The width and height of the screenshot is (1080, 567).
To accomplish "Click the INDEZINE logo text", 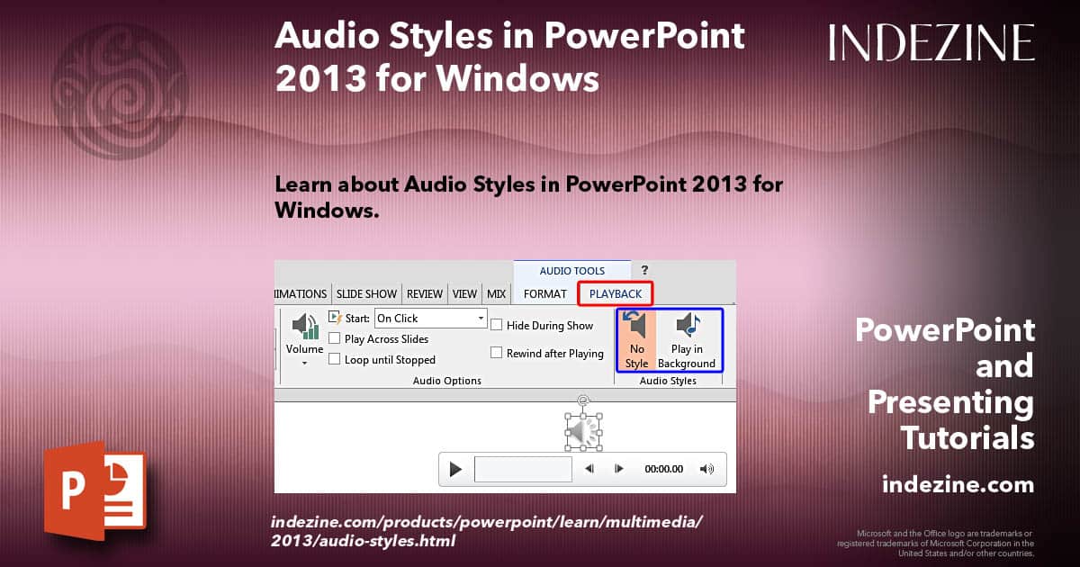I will (931, 42).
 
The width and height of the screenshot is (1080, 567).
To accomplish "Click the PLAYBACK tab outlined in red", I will (616, 293).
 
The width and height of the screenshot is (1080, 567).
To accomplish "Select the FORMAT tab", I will (545, 293).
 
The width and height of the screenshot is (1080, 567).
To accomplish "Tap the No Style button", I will (636, 339).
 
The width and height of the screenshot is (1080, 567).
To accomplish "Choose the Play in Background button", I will (687, 339).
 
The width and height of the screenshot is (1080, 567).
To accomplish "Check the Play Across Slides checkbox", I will (335, 339).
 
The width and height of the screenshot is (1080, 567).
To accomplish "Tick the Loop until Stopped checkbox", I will (335, 360).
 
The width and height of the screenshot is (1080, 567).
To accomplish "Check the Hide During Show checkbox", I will (497, 325).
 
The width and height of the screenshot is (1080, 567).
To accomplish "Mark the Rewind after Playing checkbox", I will (497, 353).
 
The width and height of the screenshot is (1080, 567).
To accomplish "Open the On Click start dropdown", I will (481, 319).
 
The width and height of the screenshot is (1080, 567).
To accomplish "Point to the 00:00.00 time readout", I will (664, 469).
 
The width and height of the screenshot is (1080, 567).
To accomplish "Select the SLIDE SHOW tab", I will (366, 293).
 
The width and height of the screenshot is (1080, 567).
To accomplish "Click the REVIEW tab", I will (425, 293).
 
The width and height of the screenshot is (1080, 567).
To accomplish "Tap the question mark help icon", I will (644, 270).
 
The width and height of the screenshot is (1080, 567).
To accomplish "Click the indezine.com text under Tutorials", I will (958, 485).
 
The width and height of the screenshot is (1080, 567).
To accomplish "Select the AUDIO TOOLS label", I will (572, 271).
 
